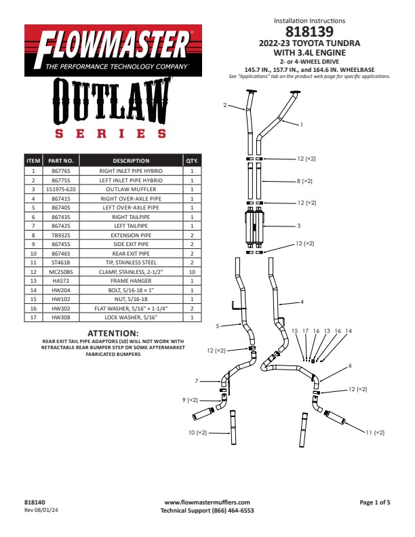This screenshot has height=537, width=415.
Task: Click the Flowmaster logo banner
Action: coord(113,50)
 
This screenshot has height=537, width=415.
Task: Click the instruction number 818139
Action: coord(309,31)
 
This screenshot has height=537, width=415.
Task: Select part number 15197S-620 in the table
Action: coord(61,189)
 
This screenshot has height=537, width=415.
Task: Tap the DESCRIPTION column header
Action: coord(131,161)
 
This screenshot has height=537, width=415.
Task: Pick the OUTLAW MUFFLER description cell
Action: coord(131,189)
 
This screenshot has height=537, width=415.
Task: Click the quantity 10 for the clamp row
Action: coord(192,272)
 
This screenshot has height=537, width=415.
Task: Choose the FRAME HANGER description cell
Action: coord(131,281)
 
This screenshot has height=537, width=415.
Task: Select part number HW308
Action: coord(61,317)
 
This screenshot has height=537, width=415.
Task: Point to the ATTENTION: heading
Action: coord(113,333)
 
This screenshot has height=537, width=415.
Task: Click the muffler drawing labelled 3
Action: coord(254,226)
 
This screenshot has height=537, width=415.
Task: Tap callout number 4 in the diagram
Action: coord(302,302)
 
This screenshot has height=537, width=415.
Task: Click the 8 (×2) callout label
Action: coord(304,181)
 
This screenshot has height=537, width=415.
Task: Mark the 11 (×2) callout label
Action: coord(375,433)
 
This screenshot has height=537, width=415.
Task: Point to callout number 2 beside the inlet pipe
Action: coord(225,105)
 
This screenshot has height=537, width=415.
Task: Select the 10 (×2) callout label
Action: coord(197,433)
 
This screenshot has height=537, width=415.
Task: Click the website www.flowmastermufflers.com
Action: coord(207,502)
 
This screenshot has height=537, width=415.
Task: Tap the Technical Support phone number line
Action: coord(207,511)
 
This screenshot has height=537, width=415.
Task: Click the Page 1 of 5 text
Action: coord(375,502)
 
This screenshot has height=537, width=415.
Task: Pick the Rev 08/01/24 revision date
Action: coord(41,511)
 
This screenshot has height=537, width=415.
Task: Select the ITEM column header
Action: coord(33,161)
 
